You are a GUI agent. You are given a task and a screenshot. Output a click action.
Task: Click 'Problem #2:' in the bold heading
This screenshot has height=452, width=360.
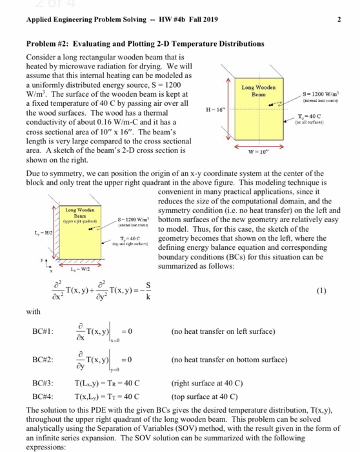click(x=46, y=43)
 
